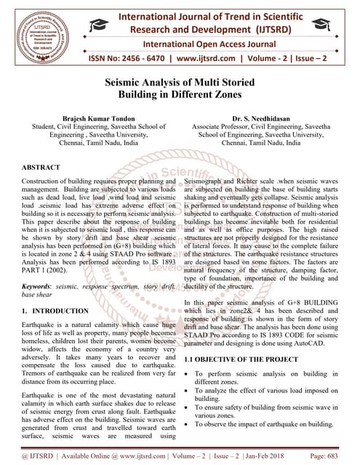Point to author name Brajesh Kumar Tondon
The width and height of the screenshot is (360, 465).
coord(96,116)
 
